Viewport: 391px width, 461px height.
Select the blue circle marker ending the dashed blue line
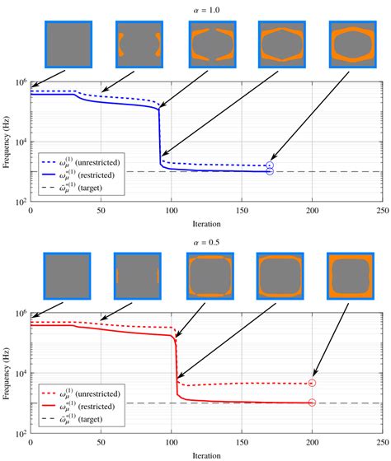point(271,165)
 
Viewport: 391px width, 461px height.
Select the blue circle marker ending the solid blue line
point(271,171)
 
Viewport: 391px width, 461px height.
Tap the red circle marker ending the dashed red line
point(312,383)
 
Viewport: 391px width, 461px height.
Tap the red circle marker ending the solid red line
point(312,403)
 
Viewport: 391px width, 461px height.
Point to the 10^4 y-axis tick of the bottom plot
point(21,375)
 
